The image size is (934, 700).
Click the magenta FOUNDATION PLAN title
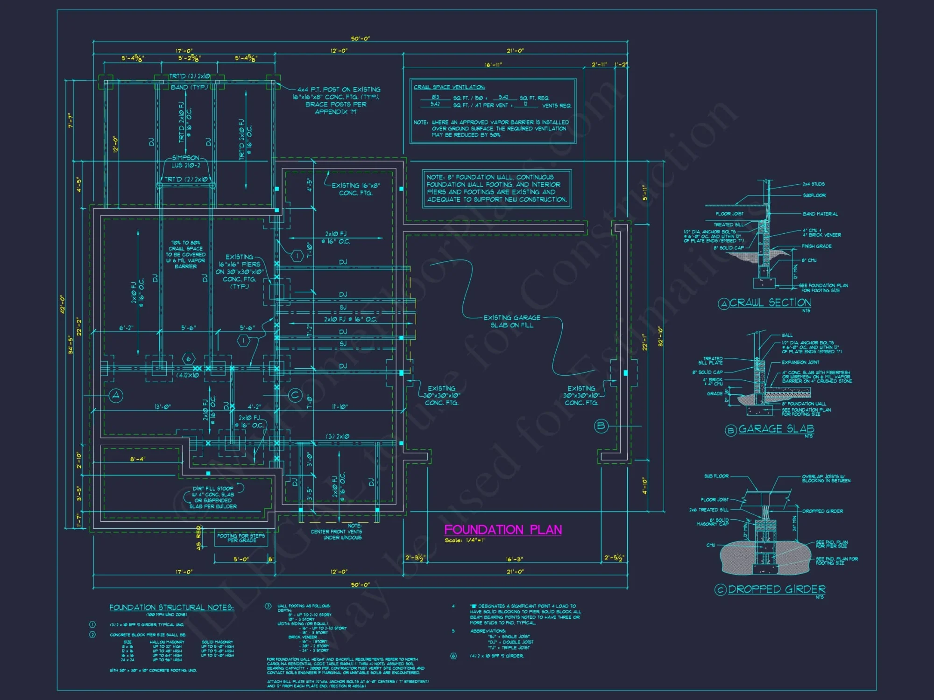pyautogui.click(x=502, y=530)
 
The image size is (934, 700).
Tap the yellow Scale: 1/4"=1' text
pyautogui.click(x=464, y=540)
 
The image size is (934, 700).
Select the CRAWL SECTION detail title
pyautogui.click(x=770, y=303)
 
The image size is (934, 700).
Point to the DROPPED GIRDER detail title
pyautogui.click(x=776, y=589)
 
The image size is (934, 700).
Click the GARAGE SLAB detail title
pyautogui.click(x=776, y=429)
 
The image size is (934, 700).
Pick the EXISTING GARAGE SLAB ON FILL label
pyautogui.click(x=511, y=321)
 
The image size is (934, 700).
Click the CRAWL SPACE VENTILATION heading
pyautogui.click(x=449, y=87)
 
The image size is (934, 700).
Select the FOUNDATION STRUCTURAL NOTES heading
pyautogui.click(x=171, y=607)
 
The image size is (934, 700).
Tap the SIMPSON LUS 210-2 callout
pyautogui.click(x=185, y=161)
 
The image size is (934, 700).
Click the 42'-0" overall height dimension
pyautogui.click(x=63, y=304)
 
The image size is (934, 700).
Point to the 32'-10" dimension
pyautogui.click(x=660, y=336)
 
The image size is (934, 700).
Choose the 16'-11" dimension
pyautogui.click(x=493, y=65)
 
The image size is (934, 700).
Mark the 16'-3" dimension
pyautogui.click(x=514, y=559)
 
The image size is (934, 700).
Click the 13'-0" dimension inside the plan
pyautogui.click(x=162, y=407)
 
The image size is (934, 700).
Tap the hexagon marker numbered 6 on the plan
pyautogui.click(x=188, y=359)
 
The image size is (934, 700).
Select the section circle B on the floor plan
pyautogui.click(x=601, y=426)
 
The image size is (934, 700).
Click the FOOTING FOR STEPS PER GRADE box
pyautogui.click(x=241, y=538)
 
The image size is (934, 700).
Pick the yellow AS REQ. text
pyautogui.click(x=198, y=538)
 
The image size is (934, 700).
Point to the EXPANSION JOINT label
pyautogui.click(x=800, y=362)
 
